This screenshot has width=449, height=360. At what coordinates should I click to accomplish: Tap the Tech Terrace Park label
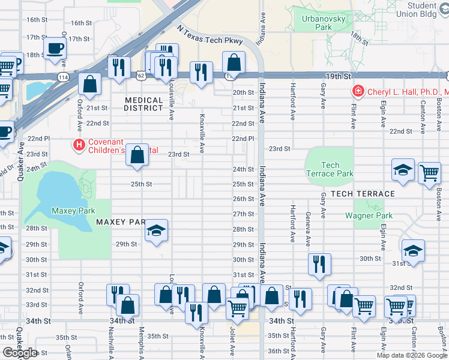(x=330, y=169)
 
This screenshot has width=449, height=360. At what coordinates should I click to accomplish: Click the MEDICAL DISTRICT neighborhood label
(x=144, y=104)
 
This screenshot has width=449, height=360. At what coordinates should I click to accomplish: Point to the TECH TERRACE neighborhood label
(x=363, y=194)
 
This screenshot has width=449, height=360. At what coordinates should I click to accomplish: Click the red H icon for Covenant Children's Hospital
(x=78, y=145)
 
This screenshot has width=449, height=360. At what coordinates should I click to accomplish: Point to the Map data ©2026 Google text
(x=411, y=355)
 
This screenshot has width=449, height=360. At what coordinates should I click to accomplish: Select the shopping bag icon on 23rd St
(x=137, y=155)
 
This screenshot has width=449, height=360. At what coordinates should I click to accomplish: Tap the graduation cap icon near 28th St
(x=156, y=230)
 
